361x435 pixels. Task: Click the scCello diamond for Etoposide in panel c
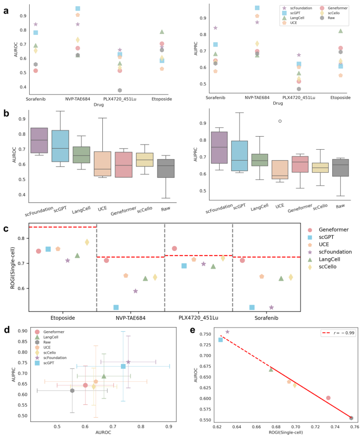click(x=87, y=242)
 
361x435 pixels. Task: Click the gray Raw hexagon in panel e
click(x=351, y=418)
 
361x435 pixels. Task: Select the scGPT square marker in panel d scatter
click(x=123, y=367)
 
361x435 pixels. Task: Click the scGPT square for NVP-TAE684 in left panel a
click(x=78, y=9)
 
